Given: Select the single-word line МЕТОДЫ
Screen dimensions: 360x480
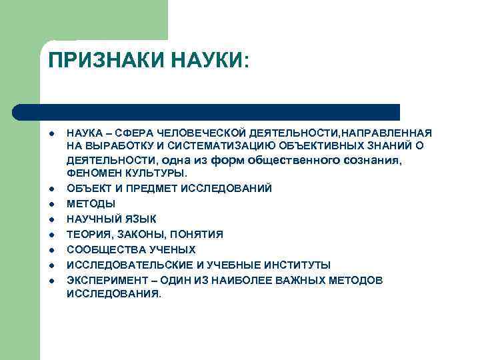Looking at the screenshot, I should tap(91, 203).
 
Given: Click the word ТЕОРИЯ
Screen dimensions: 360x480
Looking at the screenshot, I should tap(89, 233).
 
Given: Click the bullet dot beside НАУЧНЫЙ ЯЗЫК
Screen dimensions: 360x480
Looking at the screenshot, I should tap(51, 219).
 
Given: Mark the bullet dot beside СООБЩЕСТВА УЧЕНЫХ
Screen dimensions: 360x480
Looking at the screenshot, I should tap(51, 249).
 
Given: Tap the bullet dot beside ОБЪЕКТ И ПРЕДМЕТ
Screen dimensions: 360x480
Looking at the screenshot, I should tap(51, 189).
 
